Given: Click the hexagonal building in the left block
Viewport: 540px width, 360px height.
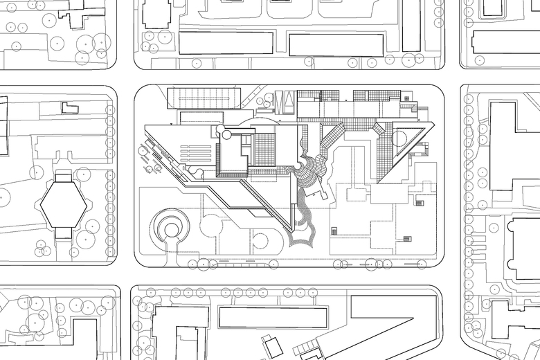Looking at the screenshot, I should (62, 204).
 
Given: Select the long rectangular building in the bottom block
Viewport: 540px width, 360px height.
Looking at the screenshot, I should (273, 318).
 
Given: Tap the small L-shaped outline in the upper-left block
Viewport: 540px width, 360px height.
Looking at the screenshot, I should (70, 107).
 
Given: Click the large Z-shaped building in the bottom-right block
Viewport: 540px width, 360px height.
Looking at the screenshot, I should (388, 325).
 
